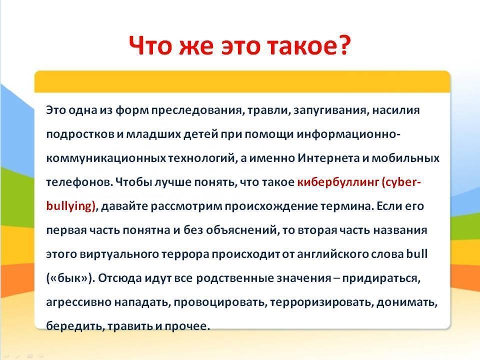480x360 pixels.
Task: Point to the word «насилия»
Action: pos(396,110)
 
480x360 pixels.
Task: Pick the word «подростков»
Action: pos(80,134)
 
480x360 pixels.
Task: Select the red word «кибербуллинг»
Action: pos(338,182)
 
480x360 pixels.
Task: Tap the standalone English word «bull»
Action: pos(416,253)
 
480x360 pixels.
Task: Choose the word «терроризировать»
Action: pos(321,302)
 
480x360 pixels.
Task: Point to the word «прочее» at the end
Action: pos(186,326)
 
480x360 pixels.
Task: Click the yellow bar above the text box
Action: pos(242,81)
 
